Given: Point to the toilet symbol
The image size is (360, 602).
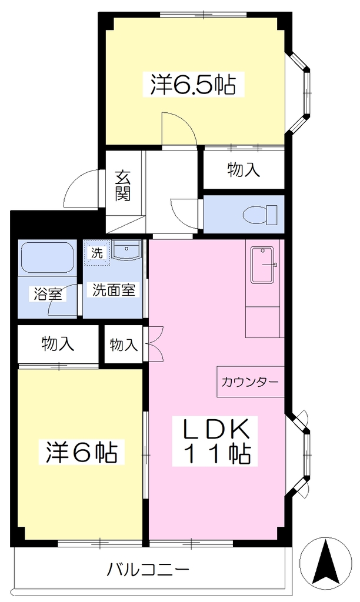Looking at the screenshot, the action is tap(260, 215).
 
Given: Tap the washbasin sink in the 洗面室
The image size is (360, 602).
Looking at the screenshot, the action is tap(126, 250).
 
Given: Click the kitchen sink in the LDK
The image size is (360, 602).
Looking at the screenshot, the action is tap(263, 265).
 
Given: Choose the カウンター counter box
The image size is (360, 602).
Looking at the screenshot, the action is tap(251, 382).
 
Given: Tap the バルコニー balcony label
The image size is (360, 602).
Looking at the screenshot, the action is tap(148, 569).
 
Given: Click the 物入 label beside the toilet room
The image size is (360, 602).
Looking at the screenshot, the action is tap(244, 170).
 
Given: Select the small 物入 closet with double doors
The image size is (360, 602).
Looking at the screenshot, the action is tap(124, 344).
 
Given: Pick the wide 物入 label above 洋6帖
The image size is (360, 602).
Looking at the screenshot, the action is tap(58, 343).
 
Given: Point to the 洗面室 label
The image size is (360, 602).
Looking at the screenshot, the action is tap(114, 290).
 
